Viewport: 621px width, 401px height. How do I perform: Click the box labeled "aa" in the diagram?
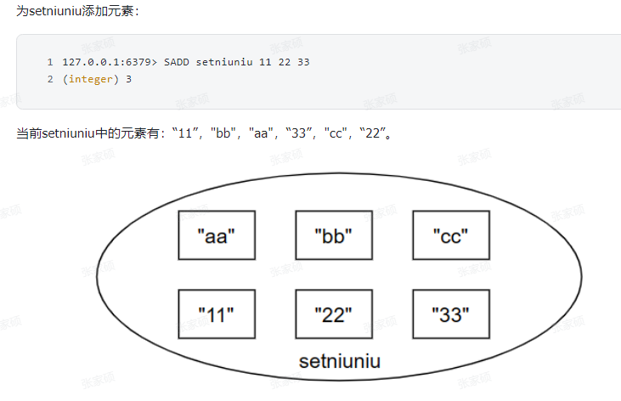click(x=216, y=235)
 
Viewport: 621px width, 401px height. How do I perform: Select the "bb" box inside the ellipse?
click(x=333, y=235)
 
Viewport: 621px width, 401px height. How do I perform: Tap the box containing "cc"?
click(x=450, y=235)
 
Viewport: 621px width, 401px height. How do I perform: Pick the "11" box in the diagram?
click(x=216, y=313)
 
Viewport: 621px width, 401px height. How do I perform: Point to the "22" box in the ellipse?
click(x=333, y=313)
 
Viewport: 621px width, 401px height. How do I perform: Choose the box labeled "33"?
click(x=450, y=313)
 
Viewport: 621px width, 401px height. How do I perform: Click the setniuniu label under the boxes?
click(x=339, y=361)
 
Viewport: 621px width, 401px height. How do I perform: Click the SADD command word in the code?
click(x=176, y=63)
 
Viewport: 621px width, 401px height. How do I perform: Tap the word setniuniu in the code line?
click(x=223, y=63)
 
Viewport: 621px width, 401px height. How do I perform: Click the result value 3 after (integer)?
click(x=128, y=79)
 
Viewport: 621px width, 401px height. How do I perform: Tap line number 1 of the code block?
click(x=50, y=63)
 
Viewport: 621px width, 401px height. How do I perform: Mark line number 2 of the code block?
click(x=50, y=79)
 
